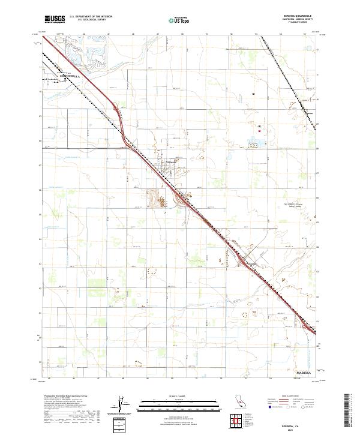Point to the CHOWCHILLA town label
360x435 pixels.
(62, 76)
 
